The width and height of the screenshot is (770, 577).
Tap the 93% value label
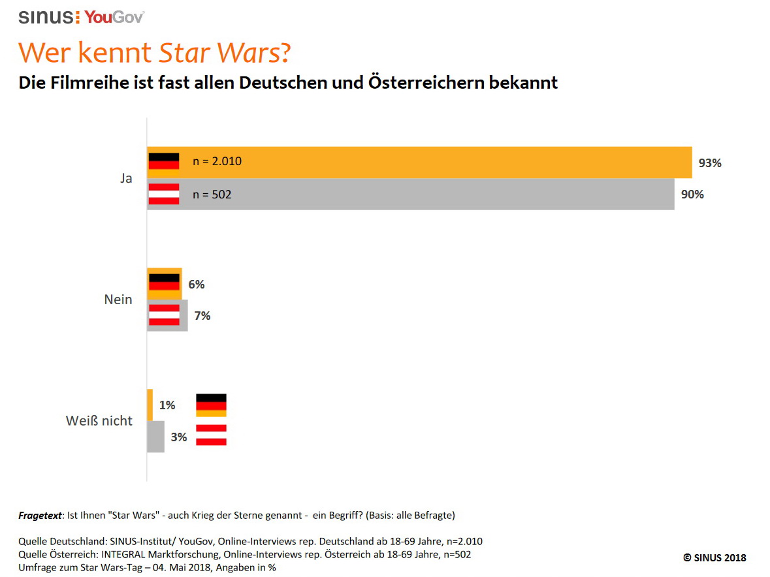[x=710, y=163]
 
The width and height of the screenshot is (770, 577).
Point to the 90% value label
[x=692, y=195]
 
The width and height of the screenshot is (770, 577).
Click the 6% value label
[x=197, y=285]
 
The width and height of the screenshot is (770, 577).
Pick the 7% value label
[x=202, y=316]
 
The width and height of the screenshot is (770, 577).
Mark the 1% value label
[x=167, y=405]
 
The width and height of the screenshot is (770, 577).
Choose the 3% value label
[x=179, y=437]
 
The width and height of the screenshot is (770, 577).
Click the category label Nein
[x=118, y=300]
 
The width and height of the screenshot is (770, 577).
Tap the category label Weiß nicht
[x=99, y=421]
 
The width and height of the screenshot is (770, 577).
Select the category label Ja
[x=126, y=178]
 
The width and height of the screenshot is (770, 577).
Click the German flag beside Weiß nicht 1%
[x=211, y=405]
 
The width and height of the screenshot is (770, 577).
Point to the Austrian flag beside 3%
[x=211, y=435]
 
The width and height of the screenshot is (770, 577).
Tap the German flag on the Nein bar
[x=164, y=283]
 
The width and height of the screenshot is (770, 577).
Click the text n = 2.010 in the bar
[x=217, y=161]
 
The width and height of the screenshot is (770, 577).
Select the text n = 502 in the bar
[x=212, y=195]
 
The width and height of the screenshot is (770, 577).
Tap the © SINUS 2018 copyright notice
[x=714, y=557]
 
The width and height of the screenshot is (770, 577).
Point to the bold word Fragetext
[x=40, y=515]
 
